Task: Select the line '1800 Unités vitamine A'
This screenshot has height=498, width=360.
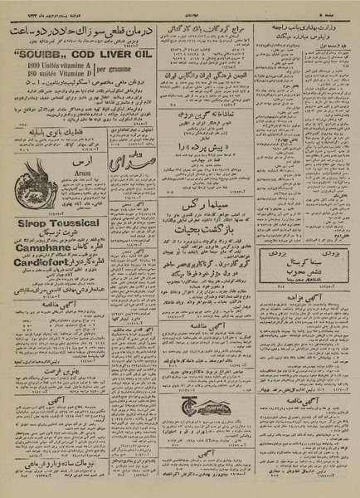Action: (51, 66)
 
